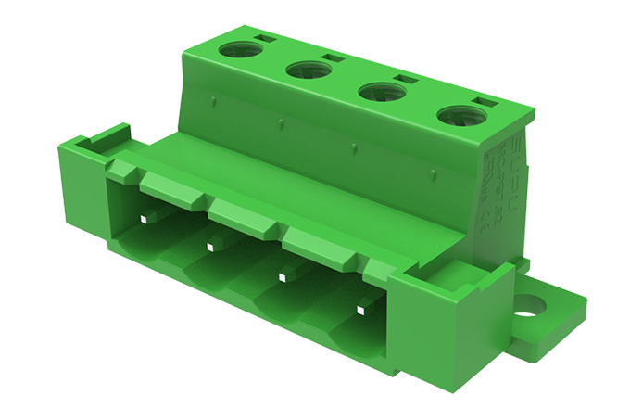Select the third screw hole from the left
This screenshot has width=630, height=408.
(377, 92)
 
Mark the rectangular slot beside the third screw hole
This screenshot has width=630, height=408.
(404, 80)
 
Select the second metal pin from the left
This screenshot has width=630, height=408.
(211, 246)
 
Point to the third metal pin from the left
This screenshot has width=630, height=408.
(282, 275)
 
